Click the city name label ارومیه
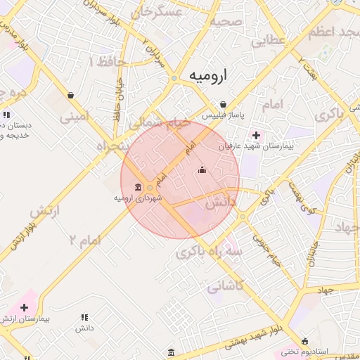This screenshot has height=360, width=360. pos(202,76)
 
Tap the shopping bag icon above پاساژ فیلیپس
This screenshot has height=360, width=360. pos(223,104)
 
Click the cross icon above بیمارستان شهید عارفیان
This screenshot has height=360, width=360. pos(255,135)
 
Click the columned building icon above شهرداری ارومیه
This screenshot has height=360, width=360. pos(137,187)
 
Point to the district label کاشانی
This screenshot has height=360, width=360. pos(225,286)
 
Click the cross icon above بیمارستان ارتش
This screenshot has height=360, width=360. pos(25,307)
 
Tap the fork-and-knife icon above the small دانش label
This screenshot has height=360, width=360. pos(85,317)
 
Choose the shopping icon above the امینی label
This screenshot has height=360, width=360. pos(71,95)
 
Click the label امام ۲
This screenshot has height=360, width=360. pos(86,239)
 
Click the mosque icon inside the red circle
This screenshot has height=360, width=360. pos(202,169)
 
